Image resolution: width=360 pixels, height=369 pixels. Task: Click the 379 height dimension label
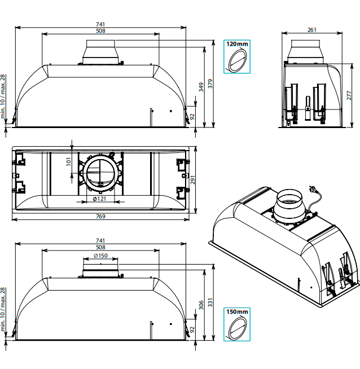pos(210,84)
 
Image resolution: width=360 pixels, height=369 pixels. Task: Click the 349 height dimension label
pos(201,87)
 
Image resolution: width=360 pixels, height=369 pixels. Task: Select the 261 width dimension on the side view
pos(312,30)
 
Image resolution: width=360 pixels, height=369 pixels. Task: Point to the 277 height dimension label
pos(349,95)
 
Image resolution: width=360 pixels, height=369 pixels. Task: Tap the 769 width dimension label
pos(100,216)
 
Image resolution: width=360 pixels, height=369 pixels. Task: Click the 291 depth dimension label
pos(193,180)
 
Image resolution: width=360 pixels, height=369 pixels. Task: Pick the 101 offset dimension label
pos(68,162)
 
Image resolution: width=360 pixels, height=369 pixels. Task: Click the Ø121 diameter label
pos(99,199)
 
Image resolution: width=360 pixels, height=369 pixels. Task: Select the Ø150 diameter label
pos(100,256)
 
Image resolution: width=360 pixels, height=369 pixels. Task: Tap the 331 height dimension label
pos(210,302)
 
